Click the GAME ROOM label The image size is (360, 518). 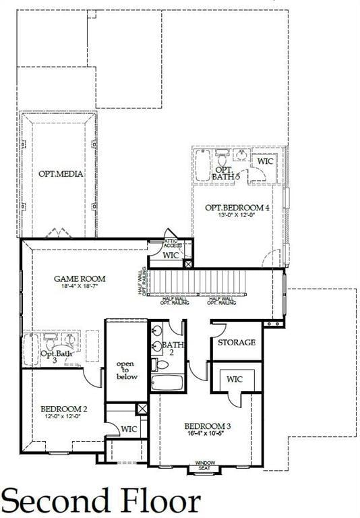tap(80, 278)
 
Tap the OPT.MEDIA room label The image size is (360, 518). tap(61, 174)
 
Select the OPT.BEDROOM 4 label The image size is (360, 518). tap(237, 208)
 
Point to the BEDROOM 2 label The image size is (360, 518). tap(64, 409)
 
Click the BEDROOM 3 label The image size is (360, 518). tap(208, 426)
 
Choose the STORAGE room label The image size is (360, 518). tap(236, 343)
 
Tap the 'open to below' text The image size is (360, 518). tap(126, 370)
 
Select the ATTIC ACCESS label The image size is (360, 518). tap(173, 243)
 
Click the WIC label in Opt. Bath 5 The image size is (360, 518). tap(264, 161)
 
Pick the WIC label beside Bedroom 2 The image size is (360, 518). tap(129, 429)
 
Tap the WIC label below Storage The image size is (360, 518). tap(235, 379)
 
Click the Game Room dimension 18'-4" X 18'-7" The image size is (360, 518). tap(80, 287)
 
